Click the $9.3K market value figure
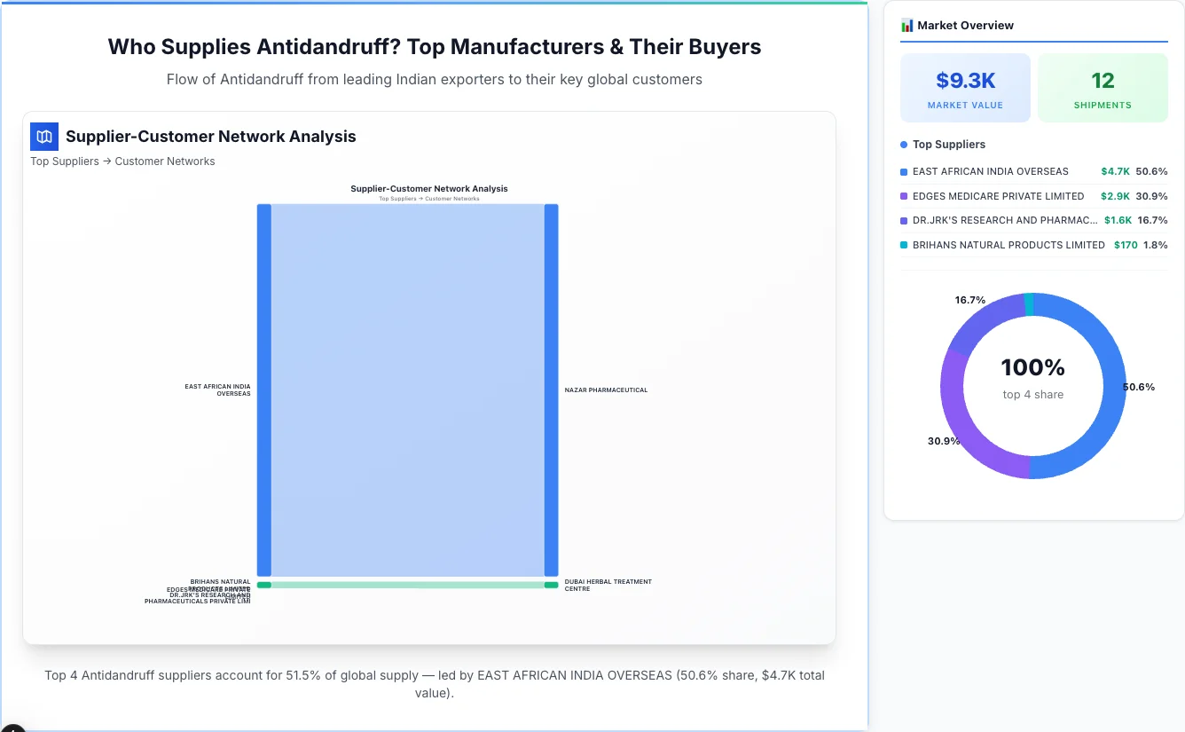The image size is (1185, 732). (x=965, y=81)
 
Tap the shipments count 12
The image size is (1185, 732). (x=1103, y=81)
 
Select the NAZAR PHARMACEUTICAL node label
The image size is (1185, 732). (x=606, y=390)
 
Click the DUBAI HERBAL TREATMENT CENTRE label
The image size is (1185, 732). (x=608, y=586)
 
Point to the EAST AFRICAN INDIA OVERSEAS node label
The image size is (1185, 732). (x=217, y=390)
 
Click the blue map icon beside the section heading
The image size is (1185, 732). (x=44, y=137)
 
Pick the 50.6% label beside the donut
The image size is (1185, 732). (x=1139, y=387)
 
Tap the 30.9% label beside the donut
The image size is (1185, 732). (x=944, y=441)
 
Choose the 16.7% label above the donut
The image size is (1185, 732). (x=970, y=300)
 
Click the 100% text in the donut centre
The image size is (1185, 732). (x=1032, y=367)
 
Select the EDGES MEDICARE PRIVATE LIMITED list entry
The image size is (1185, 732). (x=998, y=196)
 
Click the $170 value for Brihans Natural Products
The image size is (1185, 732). (x=1126, y=245)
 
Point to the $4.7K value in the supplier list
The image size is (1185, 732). (x=1116, y=171)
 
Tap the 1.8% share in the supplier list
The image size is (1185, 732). (x=1156, y=245)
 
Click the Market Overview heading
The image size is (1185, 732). (x=965, y=26)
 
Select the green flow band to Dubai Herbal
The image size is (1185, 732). (x=408, y=585)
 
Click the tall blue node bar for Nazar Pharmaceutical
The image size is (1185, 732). (x=551, y=390)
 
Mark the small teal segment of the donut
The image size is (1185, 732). (x=1029, y=304)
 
